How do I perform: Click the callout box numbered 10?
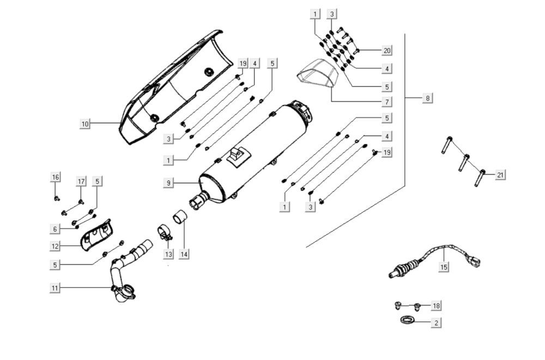[x=85, y=123]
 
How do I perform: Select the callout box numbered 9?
[x=168, y=183]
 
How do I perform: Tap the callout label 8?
[x=427, y=98]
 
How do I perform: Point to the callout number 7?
[x=387, y=102]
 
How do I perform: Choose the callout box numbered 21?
[x=500, y=175]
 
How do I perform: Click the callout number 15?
[x=444, y=267]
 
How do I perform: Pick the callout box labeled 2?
[x=436, y=323]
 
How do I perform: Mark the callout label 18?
[x=436, y=306]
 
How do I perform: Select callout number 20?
[x=387, y=50]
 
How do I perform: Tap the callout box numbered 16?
[x=56, y=177]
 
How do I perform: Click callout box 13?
[x=168, y=254]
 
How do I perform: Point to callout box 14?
[x=184, y=254]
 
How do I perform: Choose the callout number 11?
[x=55, y=288]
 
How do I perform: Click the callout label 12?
[x=55, y=246]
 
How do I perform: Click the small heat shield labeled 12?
[x=96, y=236]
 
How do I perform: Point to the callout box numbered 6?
[x=55, y=229]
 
